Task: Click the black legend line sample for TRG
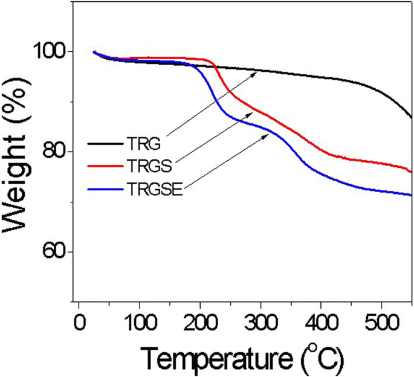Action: (106, 144)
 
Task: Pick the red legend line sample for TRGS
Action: (106, 164)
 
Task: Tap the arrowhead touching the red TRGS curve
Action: (250, 114)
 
